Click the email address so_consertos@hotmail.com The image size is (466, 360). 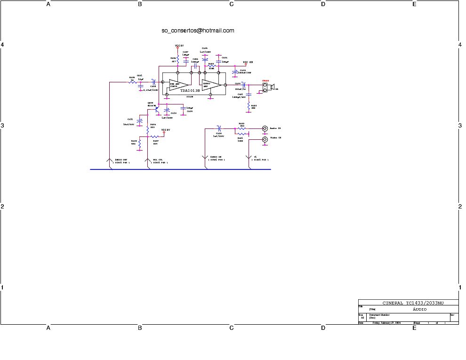198,31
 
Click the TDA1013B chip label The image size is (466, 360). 190,91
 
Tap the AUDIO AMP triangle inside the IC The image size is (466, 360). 211,85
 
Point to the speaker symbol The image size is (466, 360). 272,87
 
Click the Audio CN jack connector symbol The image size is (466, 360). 265,128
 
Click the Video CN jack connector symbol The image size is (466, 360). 265,139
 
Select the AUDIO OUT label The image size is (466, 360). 121,160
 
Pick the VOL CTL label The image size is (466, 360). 158,160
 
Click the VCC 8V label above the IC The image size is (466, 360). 179,46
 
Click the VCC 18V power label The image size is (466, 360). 249,62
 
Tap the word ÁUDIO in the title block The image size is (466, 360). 419,309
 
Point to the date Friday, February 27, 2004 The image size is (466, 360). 386,323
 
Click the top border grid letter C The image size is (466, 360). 231,4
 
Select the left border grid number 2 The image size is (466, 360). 2,207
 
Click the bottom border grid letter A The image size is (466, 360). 48,328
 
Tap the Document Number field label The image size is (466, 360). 379,314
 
